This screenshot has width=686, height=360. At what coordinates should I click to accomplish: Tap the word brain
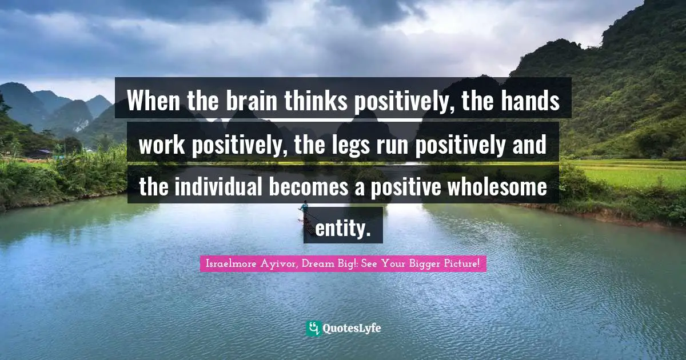point(249,102)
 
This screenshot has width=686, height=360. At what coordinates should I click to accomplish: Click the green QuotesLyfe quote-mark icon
point(313,328)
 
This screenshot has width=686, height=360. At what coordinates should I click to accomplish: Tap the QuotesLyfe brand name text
point(352,328)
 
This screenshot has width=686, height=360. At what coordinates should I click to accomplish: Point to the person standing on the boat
point(305,207)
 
